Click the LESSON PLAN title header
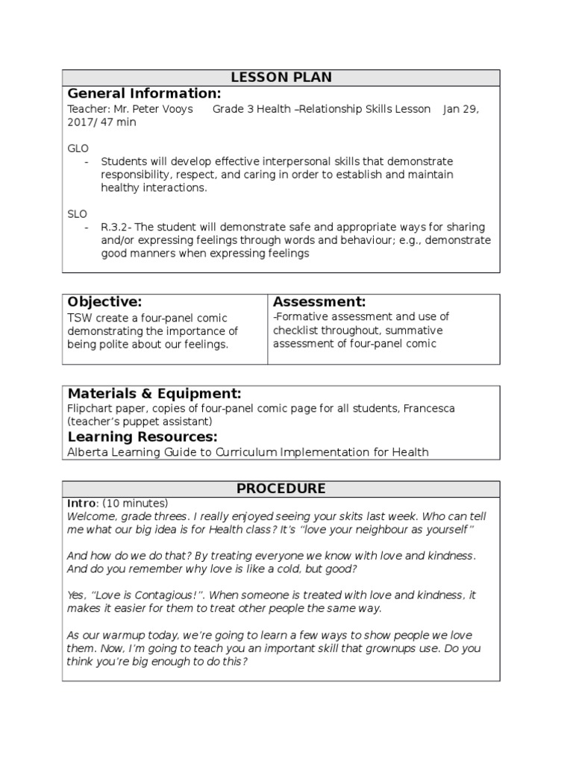tap(281, 78)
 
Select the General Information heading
tap(144, 93)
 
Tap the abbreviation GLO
tap(78, 148)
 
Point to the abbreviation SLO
tap(78, 213)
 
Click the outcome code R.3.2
tap(116, 227)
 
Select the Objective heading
tap(104, 302)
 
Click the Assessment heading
tap(319, 302)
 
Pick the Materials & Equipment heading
tap(154, 393)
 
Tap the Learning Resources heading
tap(143, 436)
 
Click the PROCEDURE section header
tap(281, 489)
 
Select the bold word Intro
tap(81, 503)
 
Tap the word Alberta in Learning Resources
tap(87, 452)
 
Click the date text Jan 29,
tap(460, 109)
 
